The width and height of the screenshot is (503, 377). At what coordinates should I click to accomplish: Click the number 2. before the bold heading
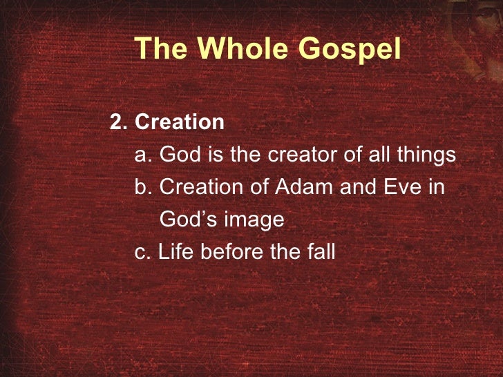120,123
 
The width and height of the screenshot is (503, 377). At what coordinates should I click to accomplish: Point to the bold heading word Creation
180,123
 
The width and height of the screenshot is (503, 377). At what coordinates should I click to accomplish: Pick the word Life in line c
174,252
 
